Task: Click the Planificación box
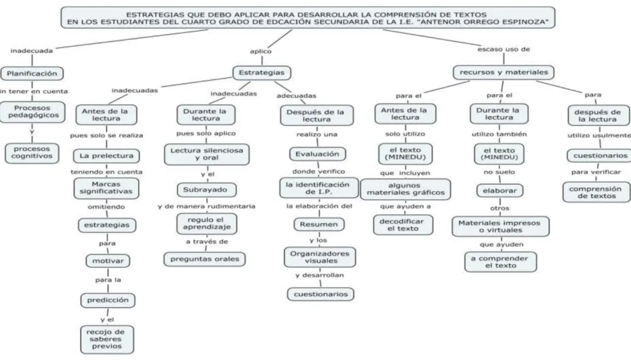tap(32, 74)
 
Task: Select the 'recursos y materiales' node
tap(503, 73)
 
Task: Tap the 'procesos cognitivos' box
tap(32, 152)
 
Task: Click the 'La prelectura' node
tap(106, 156)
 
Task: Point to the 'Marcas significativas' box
tap(106, 188)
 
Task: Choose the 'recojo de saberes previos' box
tap(107, 339)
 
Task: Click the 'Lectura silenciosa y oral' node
tap(207, 154)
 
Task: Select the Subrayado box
tap(206, 189)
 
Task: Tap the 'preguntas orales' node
tap(204, 259)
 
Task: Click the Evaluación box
tap(317, 154)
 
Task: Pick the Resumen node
tap(319, 224)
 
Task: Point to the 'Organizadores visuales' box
tap(320, 257)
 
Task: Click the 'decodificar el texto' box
tap(404, 225)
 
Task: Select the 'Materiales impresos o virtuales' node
tap(500, 227)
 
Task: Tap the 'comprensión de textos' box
tap(597, 192)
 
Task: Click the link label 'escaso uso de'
tap(503, 50)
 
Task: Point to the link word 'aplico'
tap(261, 51)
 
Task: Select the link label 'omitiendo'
tap(106, 207)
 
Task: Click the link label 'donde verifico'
tap(318, 172)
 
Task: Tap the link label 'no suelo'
tap(499, 172)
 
